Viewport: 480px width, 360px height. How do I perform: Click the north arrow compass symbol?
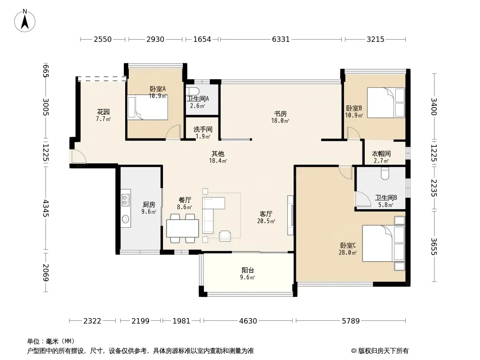(25, 21)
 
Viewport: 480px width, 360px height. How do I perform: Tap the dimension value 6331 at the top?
(281, 39)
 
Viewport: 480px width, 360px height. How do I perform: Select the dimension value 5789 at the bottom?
(350, 321)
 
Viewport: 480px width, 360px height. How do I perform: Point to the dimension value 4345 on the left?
(45, 208)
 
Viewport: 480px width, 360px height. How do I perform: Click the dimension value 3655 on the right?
(434, 247)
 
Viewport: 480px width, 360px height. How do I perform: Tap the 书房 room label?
(280, 114)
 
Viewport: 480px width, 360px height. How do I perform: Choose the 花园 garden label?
(103, 112)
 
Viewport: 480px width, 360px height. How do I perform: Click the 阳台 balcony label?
(248, 270)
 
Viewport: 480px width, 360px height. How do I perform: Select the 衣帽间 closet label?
(381, 154)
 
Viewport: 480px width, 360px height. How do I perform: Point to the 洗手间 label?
(203, 130)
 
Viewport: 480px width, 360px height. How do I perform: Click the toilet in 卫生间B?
(385, 174)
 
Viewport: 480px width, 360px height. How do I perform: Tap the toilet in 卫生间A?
(193, 91)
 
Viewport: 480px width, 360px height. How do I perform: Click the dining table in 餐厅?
(182, 229)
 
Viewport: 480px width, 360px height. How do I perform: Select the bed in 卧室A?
(148, 107)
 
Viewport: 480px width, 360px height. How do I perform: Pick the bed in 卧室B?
(386, 103)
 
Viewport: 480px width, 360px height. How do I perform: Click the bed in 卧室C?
(384, 243)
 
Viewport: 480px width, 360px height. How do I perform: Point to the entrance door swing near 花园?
(79, 157)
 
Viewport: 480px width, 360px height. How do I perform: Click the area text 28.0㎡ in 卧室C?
(348, 252)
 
